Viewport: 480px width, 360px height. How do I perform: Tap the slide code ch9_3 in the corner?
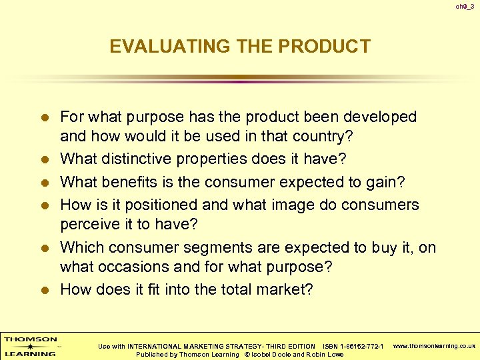tap(465, 7)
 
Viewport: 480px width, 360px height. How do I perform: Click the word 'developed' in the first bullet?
tap(379, 117)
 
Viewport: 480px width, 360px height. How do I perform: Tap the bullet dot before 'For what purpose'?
tap(45, 118)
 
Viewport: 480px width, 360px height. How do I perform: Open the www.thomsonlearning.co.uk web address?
tap(434, 346)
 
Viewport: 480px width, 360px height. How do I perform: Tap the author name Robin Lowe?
tap(325, 354)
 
